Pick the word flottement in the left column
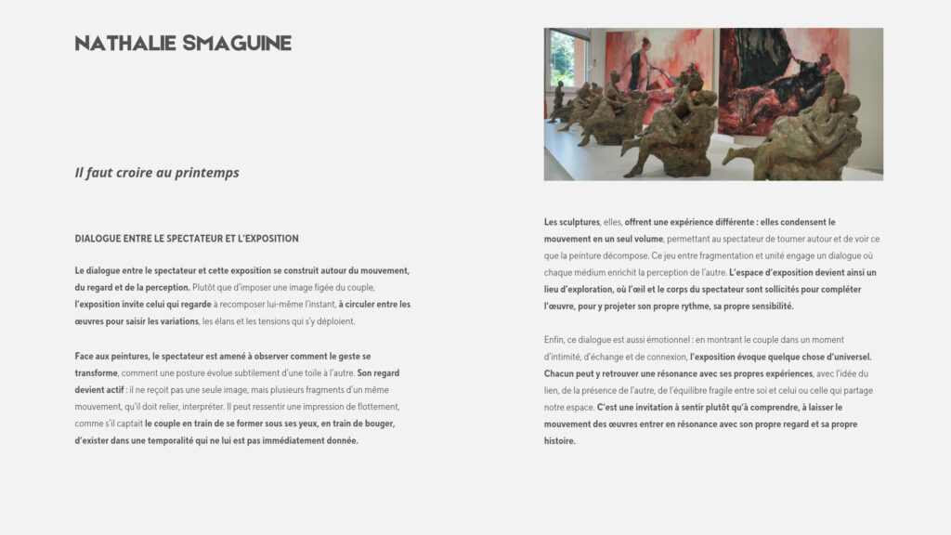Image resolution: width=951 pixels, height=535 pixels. (372, 407)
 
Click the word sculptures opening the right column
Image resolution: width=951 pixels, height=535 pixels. (578, 222)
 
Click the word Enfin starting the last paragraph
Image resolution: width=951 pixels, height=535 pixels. (555, 340)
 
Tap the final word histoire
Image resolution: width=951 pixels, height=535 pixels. (560, 440)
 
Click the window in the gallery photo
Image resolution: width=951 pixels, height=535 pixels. (562, 59)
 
